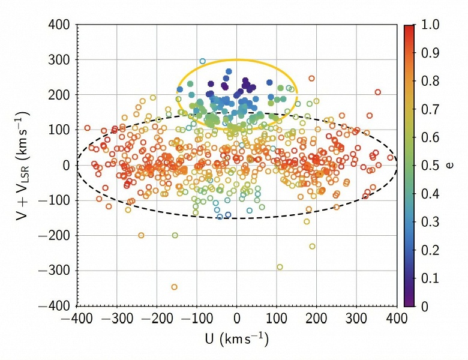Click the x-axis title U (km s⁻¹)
236,340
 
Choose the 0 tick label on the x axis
237,318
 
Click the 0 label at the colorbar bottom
425,306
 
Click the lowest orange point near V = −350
174,287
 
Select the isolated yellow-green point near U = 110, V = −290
280,267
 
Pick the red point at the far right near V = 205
378,92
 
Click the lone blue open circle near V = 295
202,61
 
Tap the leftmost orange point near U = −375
87,128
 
